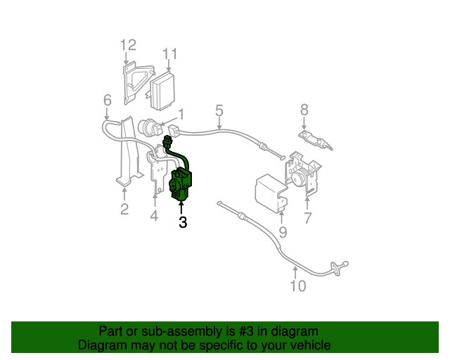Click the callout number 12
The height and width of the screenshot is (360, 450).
coord(127,46)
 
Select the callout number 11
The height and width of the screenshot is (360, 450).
coord(170,53)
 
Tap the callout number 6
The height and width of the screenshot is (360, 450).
coord(107,101)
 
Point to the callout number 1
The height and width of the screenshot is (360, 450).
coord(181,113)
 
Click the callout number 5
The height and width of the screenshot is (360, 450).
coord(219,110)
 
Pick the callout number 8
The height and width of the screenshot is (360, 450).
coord(304,109)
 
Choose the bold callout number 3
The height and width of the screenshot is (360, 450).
coord(183,224)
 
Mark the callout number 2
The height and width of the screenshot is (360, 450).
coord(124,209)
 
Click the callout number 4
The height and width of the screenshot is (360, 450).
coord(154,217)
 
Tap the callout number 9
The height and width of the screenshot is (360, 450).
coord(283,231)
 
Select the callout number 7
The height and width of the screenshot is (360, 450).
coord(307,218)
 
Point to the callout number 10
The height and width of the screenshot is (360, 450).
coord(297,285)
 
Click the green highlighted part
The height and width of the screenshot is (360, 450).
coord(184,182)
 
